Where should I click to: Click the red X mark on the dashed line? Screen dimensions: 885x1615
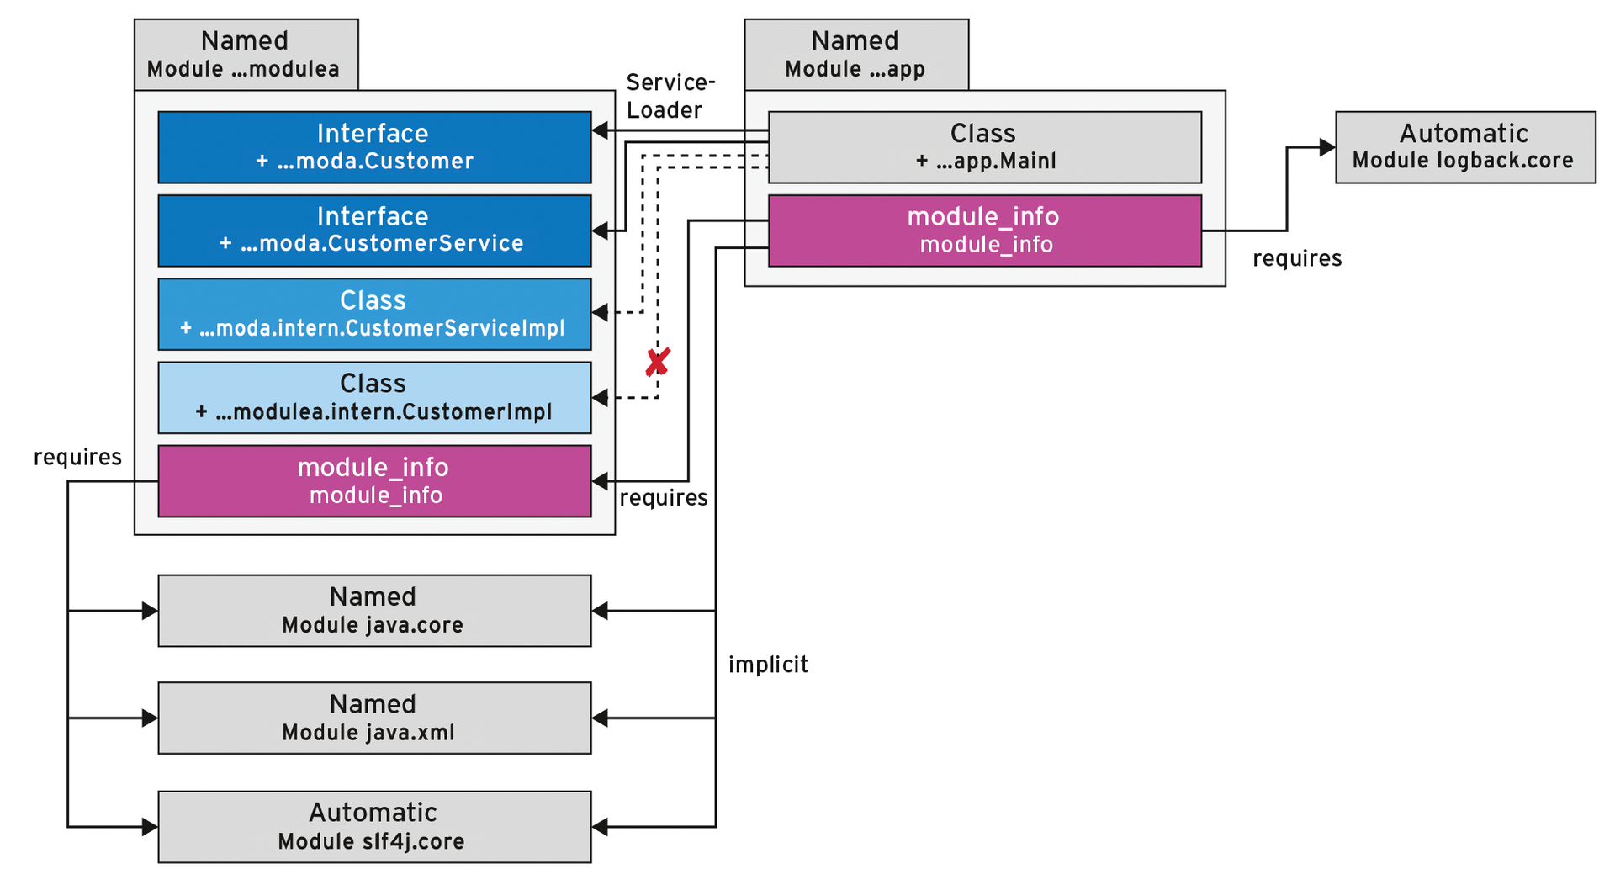point(657,362)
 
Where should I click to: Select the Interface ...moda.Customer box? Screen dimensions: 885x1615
point(374,146)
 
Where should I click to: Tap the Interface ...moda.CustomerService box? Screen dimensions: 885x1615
point(374,230)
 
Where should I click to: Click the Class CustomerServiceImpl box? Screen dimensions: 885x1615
point(374,314)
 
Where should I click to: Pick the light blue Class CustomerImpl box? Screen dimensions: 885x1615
point(374,397)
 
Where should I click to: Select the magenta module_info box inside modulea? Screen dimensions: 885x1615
point(374,480)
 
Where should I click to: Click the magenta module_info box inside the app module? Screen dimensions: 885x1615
point(984,231)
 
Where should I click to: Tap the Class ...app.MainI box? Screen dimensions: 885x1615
point(984,146)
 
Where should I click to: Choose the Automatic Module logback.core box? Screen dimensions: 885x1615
point(1464,146)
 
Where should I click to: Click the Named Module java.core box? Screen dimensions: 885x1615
point(374,611)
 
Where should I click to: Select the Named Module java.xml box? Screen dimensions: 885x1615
point(374,718)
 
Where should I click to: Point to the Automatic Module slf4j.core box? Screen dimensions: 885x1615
point(374,826)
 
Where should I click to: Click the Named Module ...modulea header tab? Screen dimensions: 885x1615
point(246,54)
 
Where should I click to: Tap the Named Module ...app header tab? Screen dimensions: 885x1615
point(855,54)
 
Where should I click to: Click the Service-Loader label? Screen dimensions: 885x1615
point(670,96)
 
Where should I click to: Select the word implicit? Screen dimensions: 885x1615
point(768,665)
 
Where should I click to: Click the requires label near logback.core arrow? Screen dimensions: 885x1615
point(1296,258)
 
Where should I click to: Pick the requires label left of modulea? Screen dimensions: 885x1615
point(77,457)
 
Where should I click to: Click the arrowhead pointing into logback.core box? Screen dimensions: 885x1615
point(1327,147)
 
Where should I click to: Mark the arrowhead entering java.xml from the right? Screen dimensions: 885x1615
point(600,718)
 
